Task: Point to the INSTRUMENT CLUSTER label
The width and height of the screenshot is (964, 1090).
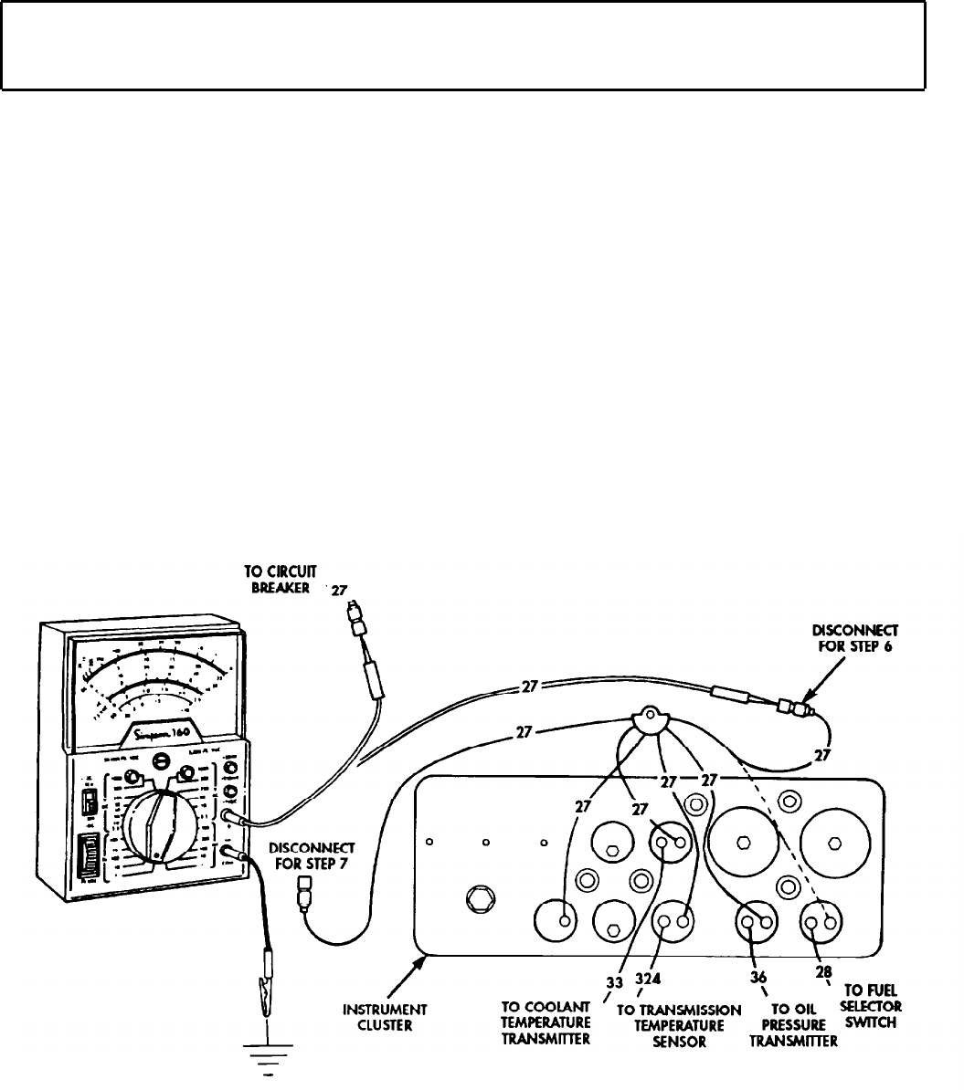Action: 396,1017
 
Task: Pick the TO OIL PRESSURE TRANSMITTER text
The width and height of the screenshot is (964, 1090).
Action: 792,1024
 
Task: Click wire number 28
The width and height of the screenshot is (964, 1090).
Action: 823,972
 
